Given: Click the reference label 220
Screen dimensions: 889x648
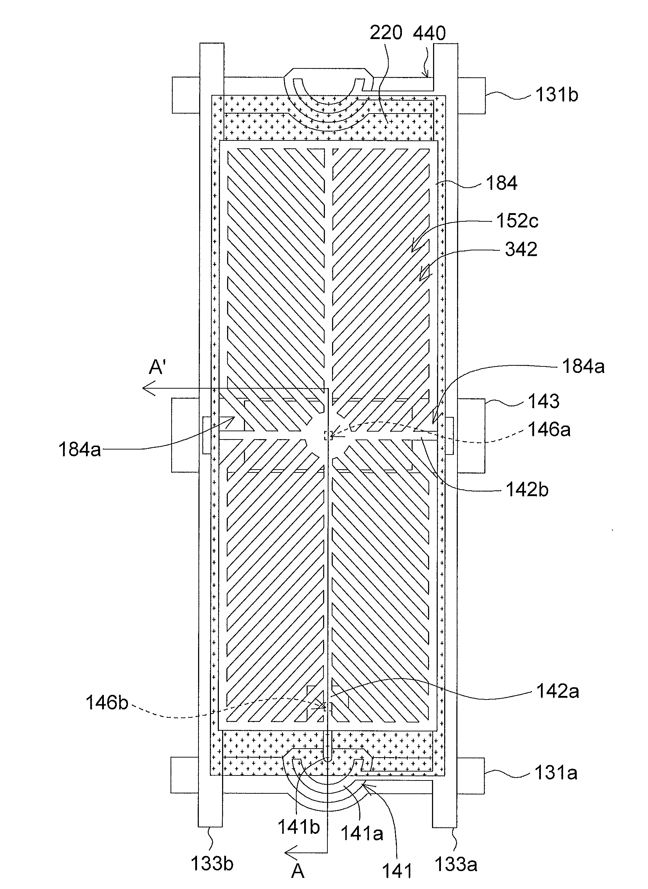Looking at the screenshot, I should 386,33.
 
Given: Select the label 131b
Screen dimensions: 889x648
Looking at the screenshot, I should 557,95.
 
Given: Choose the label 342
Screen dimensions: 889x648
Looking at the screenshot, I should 521,249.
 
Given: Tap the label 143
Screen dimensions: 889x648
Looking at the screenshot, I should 543,401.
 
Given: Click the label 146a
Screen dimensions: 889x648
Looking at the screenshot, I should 549,430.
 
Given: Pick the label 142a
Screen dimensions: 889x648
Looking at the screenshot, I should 557,691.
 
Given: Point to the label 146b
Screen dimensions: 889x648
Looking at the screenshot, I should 107,703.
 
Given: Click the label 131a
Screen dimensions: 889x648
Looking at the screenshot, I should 556,773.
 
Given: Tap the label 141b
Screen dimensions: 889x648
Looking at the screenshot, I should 299,827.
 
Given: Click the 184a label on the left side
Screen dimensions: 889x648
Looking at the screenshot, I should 80,450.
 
